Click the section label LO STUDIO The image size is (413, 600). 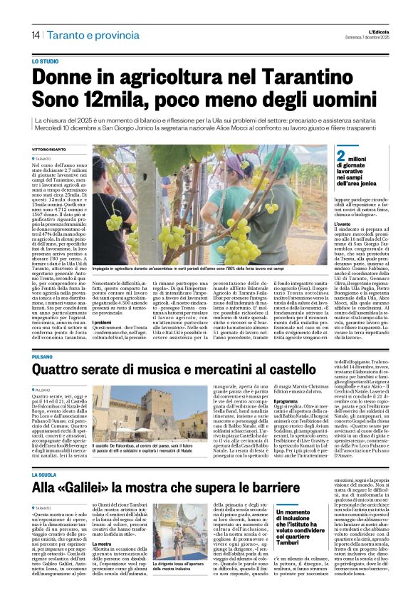[x=45, y=63]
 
